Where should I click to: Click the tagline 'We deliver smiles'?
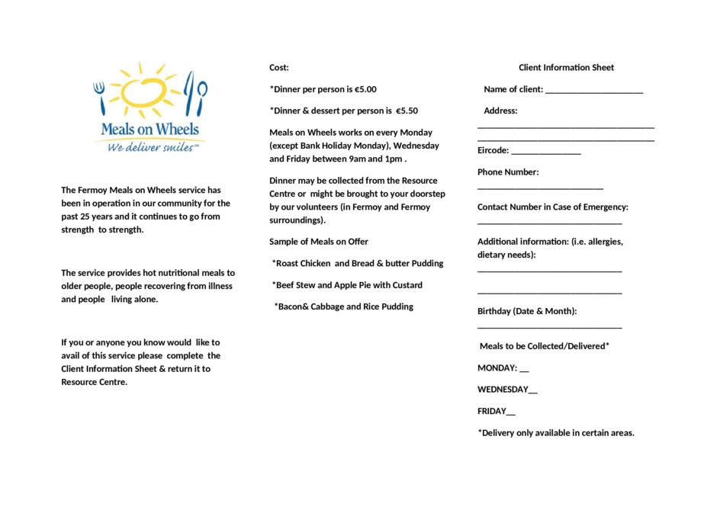point(150,147)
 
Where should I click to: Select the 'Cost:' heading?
point(279,68)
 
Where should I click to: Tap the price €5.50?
point(407,111)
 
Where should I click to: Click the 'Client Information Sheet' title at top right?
point(566,68)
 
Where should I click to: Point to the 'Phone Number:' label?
point(508,172)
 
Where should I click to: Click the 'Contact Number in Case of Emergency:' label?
point(553,207)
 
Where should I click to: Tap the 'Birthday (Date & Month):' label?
point(527,311)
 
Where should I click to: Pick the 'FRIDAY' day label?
point(492,412)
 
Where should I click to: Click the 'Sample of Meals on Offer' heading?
point(319,242)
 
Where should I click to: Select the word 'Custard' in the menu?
point(407,285)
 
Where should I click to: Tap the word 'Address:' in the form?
point(500,111)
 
